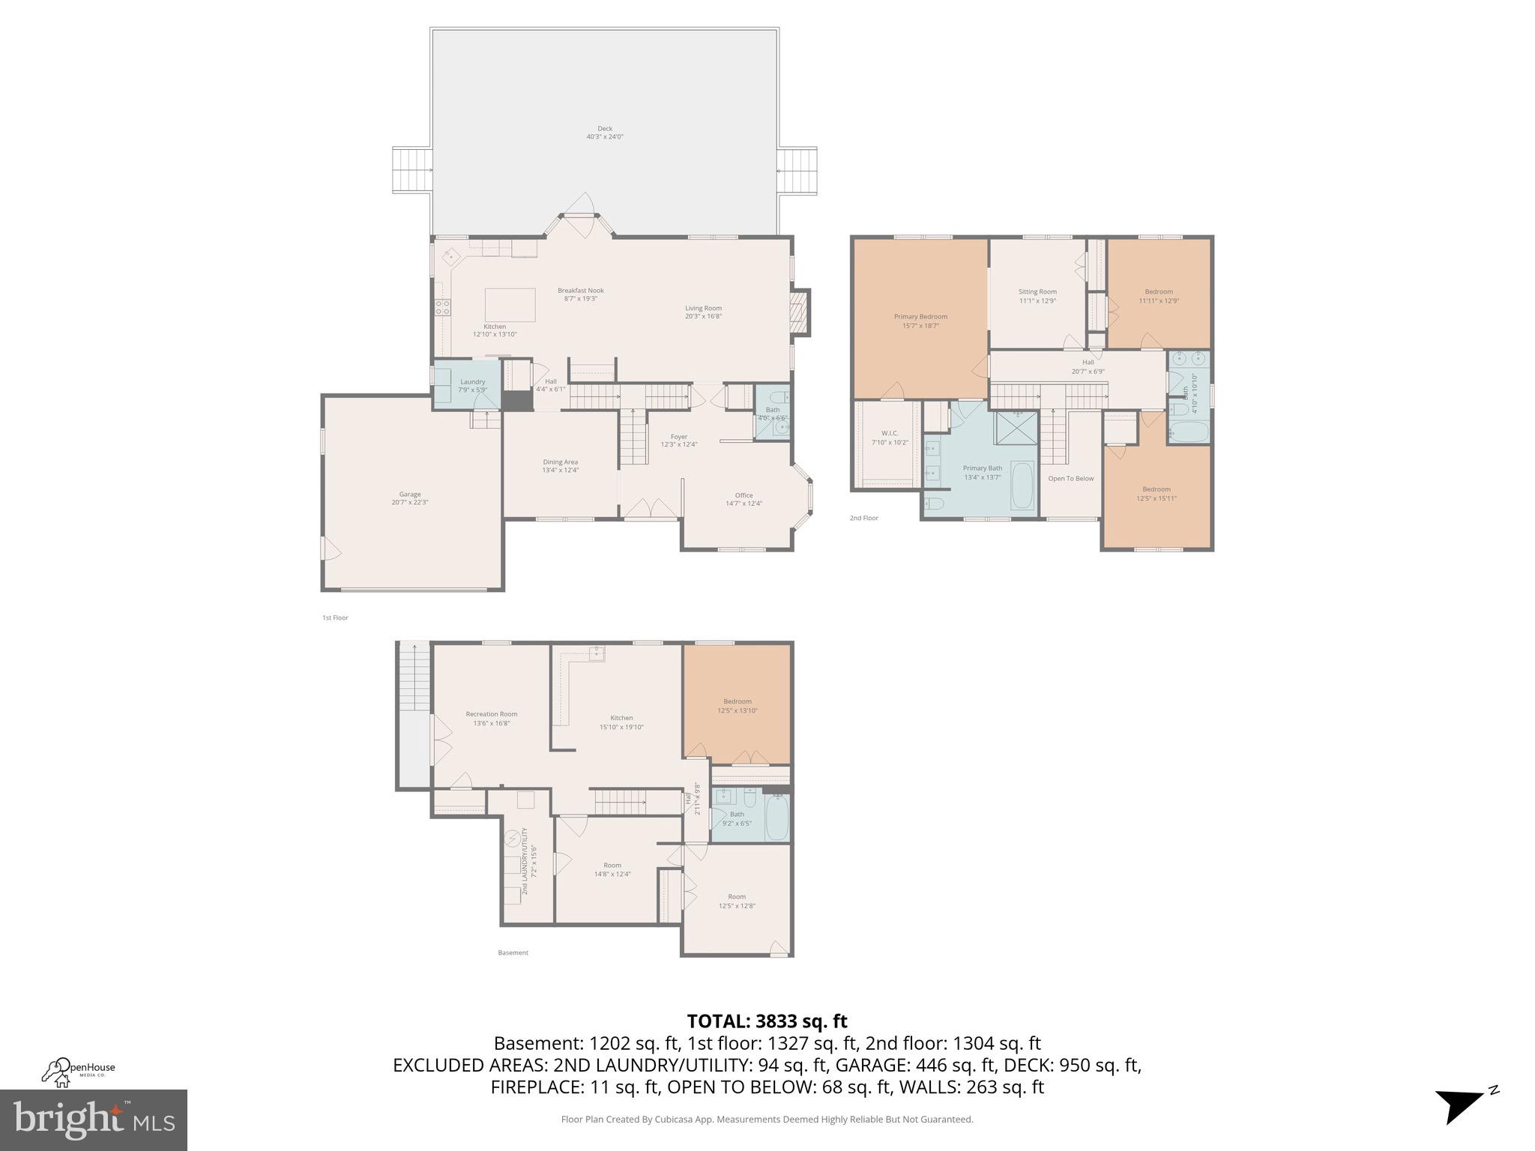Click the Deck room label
pos(604,133)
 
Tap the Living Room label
pos(703,312)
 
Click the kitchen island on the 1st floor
pos(510,304)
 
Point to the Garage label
pos(409,498)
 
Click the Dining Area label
pos(560,465)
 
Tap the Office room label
pos(744,499)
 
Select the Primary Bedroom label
pos(920,321)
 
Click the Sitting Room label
pos(1037,296)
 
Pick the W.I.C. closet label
pos(890,438)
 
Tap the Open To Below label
pos(1070,478)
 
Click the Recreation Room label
pos(491,718)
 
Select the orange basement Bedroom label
pos(737,705)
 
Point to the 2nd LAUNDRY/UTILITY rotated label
pos(529,861)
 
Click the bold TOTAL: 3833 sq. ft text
pos(767,1021)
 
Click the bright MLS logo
pos(94,1120)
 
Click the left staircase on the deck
pos(411,170)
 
